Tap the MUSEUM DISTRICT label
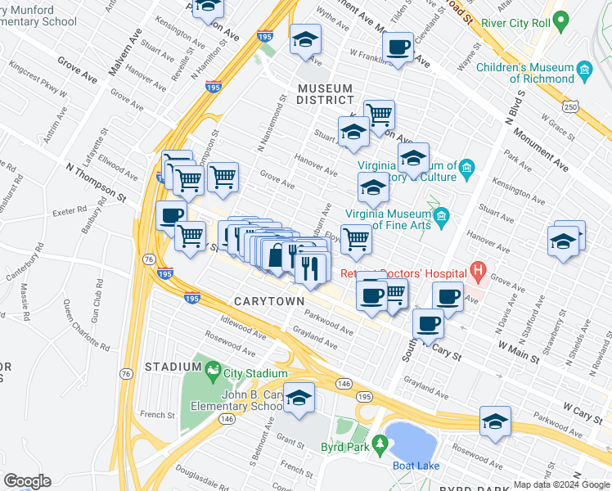pyautogui.click(x=325, y=94)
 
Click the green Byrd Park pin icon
pyautogui.click(x=379, y=443)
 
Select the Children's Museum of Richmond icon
pyautogui.click(x=583, y=73)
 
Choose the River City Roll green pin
pyautogui.click(x=560, y=20)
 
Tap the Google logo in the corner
pyautogui.click(x=27, y=481)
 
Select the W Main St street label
pyautogui.click(x=516, y=353)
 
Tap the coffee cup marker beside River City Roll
pyautogui.click(x=398, y=48)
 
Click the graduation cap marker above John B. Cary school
pyautogui.click(x=299, y=397)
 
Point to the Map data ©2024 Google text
pyautogui.click(x=561, y=484)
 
